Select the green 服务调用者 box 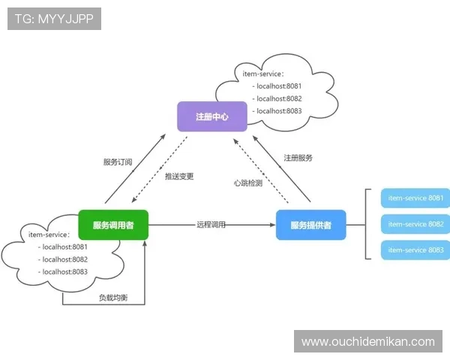tap(113, 225)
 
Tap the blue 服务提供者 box tap(310, 225)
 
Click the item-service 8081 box tap(415, 199)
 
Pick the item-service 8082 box tap(415, 224)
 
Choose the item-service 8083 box tap(415, 250)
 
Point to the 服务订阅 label tap(118, 161)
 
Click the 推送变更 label tap(179, 176)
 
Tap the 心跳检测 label tap(247, 183)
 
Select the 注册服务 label tap(298, 158)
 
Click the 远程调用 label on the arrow tap(211, 224)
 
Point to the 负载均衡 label tap(113, 298)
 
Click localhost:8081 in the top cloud tap(278, 86)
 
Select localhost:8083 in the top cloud tap(278, 111)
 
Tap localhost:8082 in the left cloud tap(64, 259)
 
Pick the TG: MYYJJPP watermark tap(54, 19)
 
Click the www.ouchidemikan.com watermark tap(367, 341)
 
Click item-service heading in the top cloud tap(263, 74)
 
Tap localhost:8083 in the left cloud tap(64, 272)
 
